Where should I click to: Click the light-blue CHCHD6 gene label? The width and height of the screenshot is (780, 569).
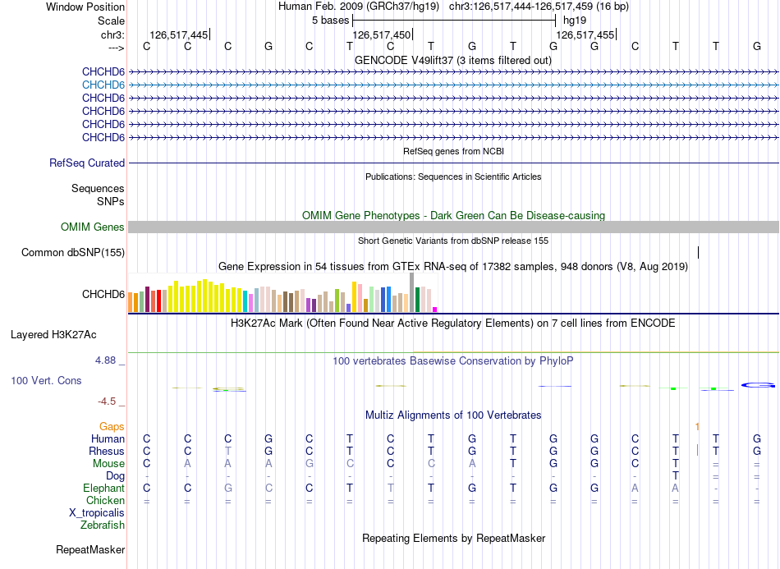(103, 85)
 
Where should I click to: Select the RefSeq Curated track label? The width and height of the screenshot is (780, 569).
(87, 163)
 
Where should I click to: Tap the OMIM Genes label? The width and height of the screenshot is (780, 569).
(93, 227)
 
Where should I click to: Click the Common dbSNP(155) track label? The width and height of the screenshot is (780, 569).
(73, 253)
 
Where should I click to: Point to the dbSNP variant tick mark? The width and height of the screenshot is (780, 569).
(699, 253)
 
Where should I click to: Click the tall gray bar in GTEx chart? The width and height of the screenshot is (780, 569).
(411, 292)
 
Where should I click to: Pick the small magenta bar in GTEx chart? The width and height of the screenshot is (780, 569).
(435, 310)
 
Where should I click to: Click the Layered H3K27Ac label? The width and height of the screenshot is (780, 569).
(53, 335)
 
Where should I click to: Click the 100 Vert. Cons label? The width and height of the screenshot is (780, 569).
(46, 381)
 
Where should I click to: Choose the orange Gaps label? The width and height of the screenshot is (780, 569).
(112, 427)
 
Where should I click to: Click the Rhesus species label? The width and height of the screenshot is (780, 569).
(107, 451)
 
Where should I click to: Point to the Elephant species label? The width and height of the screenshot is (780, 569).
(103, 489)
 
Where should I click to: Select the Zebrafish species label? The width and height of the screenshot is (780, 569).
(103, 525)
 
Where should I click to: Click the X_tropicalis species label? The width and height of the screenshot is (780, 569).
(97, 513)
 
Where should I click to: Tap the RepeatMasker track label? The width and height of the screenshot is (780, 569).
(90, 549)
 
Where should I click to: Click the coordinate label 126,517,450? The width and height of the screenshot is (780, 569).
(382, 34)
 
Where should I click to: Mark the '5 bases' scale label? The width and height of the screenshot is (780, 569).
(330, 21)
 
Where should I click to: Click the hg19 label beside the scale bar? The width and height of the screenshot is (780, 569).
(575, 21)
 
